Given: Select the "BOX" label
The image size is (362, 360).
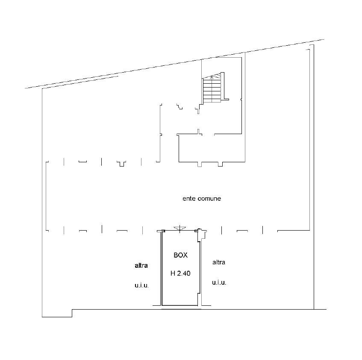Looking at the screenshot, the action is coord(180,255).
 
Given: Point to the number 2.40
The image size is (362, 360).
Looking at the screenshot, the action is coord(184,273).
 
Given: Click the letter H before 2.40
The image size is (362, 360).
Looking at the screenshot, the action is coord(173,273).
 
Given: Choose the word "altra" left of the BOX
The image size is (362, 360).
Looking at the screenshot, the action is coord(141,266).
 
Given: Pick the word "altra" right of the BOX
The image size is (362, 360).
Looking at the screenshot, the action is coord(219,262).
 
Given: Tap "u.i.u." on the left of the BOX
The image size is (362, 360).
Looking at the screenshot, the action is coord(141,286).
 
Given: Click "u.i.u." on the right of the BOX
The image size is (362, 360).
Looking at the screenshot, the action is coord(219,283).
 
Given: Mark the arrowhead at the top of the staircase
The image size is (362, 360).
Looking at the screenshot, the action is coord(212,77).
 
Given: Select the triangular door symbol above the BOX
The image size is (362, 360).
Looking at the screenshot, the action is coord(180,228).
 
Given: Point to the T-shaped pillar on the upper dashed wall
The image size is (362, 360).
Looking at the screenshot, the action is coord(122,163).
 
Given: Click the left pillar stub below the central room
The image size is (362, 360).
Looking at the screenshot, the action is coord(200,164).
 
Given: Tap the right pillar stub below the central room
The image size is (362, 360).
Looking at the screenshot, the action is coord(220,164).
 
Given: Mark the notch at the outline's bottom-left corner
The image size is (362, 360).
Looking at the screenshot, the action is coord(72,313).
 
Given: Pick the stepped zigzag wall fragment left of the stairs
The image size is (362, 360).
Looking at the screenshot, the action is coord(180,106).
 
